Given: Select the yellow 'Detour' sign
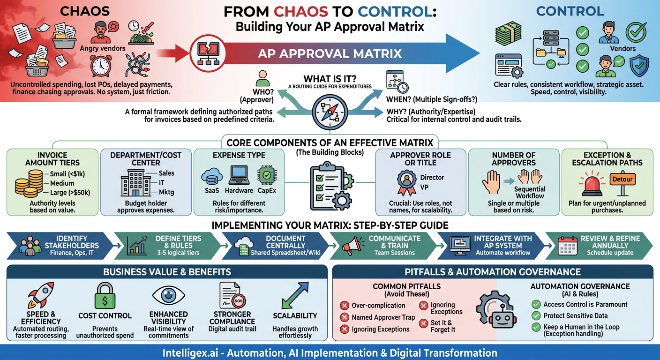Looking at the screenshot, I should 622,180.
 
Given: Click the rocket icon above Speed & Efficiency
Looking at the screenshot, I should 41,295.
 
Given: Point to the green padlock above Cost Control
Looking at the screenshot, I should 105,295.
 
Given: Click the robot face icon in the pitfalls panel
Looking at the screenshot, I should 496,311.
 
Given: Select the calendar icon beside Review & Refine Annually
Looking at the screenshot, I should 567,246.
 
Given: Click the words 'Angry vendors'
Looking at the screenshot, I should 103,48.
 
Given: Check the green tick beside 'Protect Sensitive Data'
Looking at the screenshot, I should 536,316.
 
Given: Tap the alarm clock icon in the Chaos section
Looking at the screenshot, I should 100,65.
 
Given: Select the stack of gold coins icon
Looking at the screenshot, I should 28,183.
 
